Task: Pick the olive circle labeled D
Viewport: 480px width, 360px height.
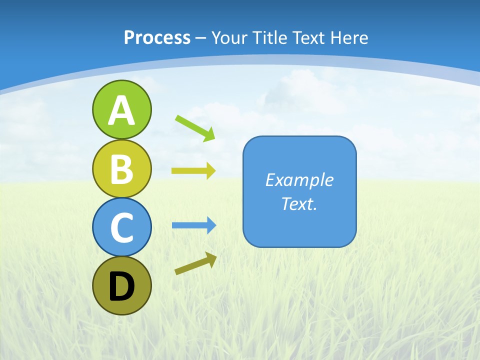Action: pos(121,285)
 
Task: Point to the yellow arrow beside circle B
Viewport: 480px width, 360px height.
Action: pos(193,170)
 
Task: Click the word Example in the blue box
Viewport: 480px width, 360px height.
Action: pos(299,180)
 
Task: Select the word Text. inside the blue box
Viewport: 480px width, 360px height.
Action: pos(299,203)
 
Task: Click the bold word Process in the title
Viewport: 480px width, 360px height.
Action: pos(157,37)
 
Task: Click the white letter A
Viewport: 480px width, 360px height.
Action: pos(121,110)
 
